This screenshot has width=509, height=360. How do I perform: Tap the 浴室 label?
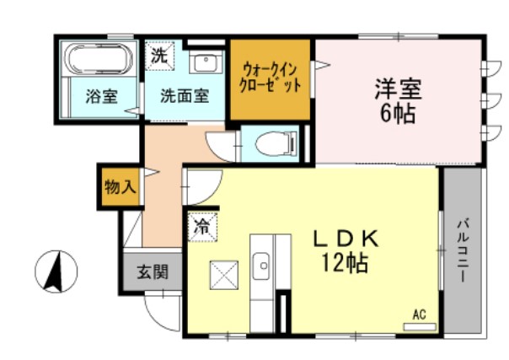pyautogui.click(x=100, y=95)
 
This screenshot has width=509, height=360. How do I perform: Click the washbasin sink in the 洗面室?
pyautogui.click(x=204, y=62)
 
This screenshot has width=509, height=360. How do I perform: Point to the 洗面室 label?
pyautogui.click(x=184, y=95)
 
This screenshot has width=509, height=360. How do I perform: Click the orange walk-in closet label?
pyautogui.click(x=271, y=78)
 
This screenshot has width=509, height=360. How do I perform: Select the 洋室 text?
pyautogui.click(x=397, y=89)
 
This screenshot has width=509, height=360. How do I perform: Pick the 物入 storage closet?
pyautogui.click(x=120, y=187)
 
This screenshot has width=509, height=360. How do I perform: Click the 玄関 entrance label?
pyautogui.click(x=153, y=272)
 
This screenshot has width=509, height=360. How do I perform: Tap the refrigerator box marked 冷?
pyautogui.click(x=202, y=226)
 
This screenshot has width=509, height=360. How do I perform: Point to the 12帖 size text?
pyautogui.click(x=345, y=265)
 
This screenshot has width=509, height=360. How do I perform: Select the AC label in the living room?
pyautogui.click(x=419, y=315)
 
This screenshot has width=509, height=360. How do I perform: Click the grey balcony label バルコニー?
pyautogui.click(x=463, y=251)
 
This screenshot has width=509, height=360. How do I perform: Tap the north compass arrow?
pyautogui.click(x=56, y=273)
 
